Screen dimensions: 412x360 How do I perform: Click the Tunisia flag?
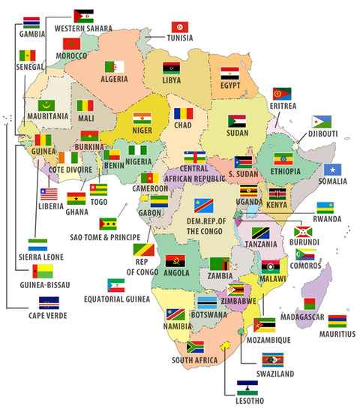point(180,27)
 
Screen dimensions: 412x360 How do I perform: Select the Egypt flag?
point(229,74)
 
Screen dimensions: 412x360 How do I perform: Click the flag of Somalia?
point(332,170)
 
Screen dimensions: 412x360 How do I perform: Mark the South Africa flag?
point(195,347)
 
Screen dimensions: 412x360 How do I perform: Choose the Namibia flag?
point(175,314)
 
